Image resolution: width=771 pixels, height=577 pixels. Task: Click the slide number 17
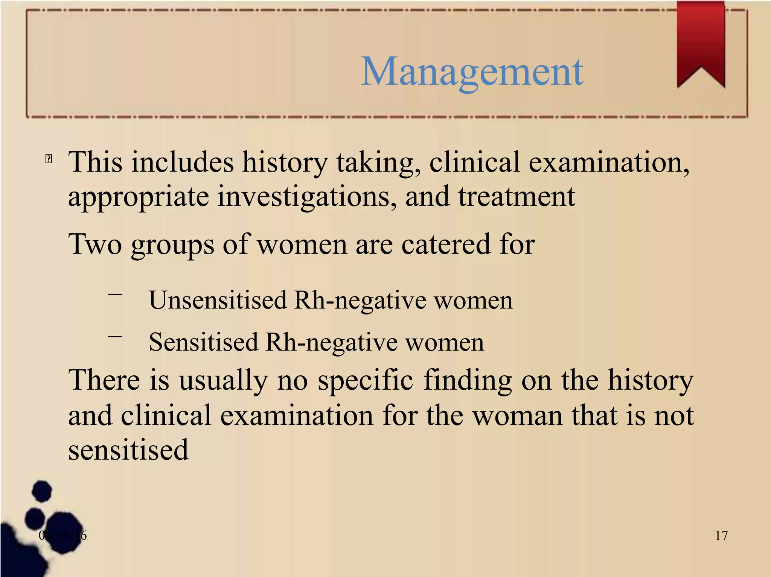721,536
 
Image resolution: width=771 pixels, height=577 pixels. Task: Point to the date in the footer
62,535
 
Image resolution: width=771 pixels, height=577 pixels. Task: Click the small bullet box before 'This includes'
49,159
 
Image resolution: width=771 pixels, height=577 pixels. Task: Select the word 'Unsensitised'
218,301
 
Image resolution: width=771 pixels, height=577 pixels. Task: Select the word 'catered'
446,244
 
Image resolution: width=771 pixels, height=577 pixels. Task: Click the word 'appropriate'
138,197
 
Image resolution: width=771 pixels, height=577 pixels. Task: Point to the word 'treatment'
516,196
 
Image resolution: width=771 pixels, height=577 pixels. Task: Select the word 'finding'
468,381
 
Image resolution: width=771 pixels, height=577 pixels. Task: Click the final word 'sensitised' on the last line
128,450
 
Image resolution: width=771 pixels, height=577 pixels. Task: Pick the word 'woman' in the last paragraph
517,416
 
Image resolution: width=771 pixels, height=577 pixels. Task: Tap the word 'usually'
223,381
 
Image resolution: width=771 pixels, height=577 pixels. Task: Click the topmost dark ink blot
42,491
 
